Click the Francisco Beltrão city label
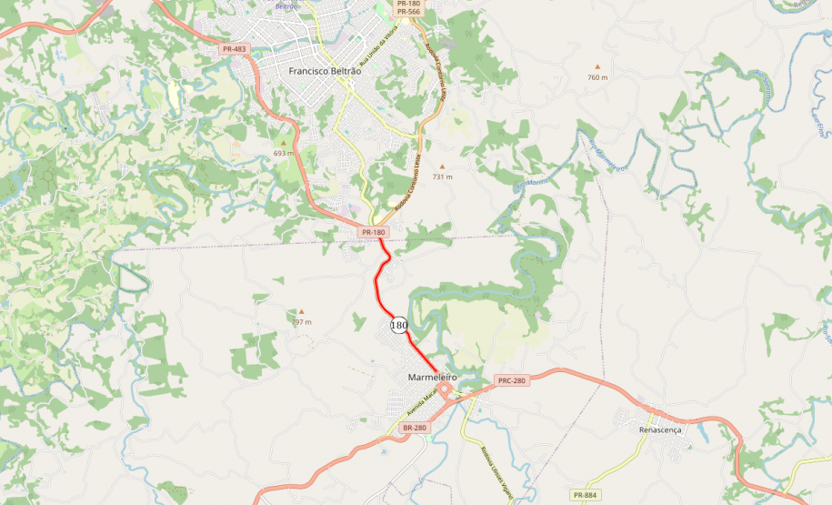click(324, 70)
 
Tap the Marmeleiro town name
click(431, 376)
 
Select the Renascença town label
click(660, 429)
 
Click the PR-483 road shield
click(234, 48)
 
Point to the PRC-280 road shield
click(512, 380)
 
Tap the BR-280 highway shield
click(414, 427)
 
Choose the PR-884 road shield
click(586, 494)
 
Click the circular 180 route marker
click(399, 324)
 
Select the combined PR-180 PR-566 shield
click(408, 7)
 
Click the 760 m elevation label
click(597, 77)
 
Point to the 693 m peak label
click(284, 153)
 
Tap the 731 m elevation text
click(443, 177)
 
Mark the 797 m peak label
click(301, 321)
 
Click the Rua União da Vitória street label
click(379, 41)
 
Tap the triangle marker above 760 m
click(597, 66)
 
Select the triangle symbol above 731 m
click(443, 167)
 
